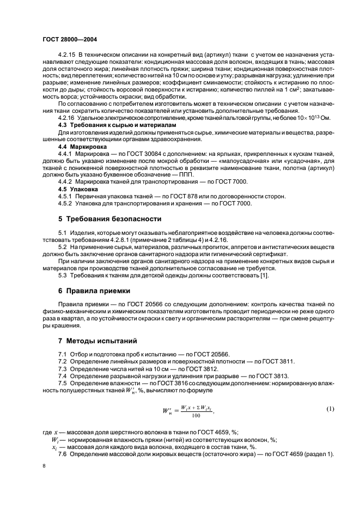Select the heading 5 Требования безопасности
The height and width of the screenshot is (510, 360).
click(109, 220)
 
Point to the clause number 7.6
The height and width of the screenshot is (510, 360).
click(63, 455)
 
